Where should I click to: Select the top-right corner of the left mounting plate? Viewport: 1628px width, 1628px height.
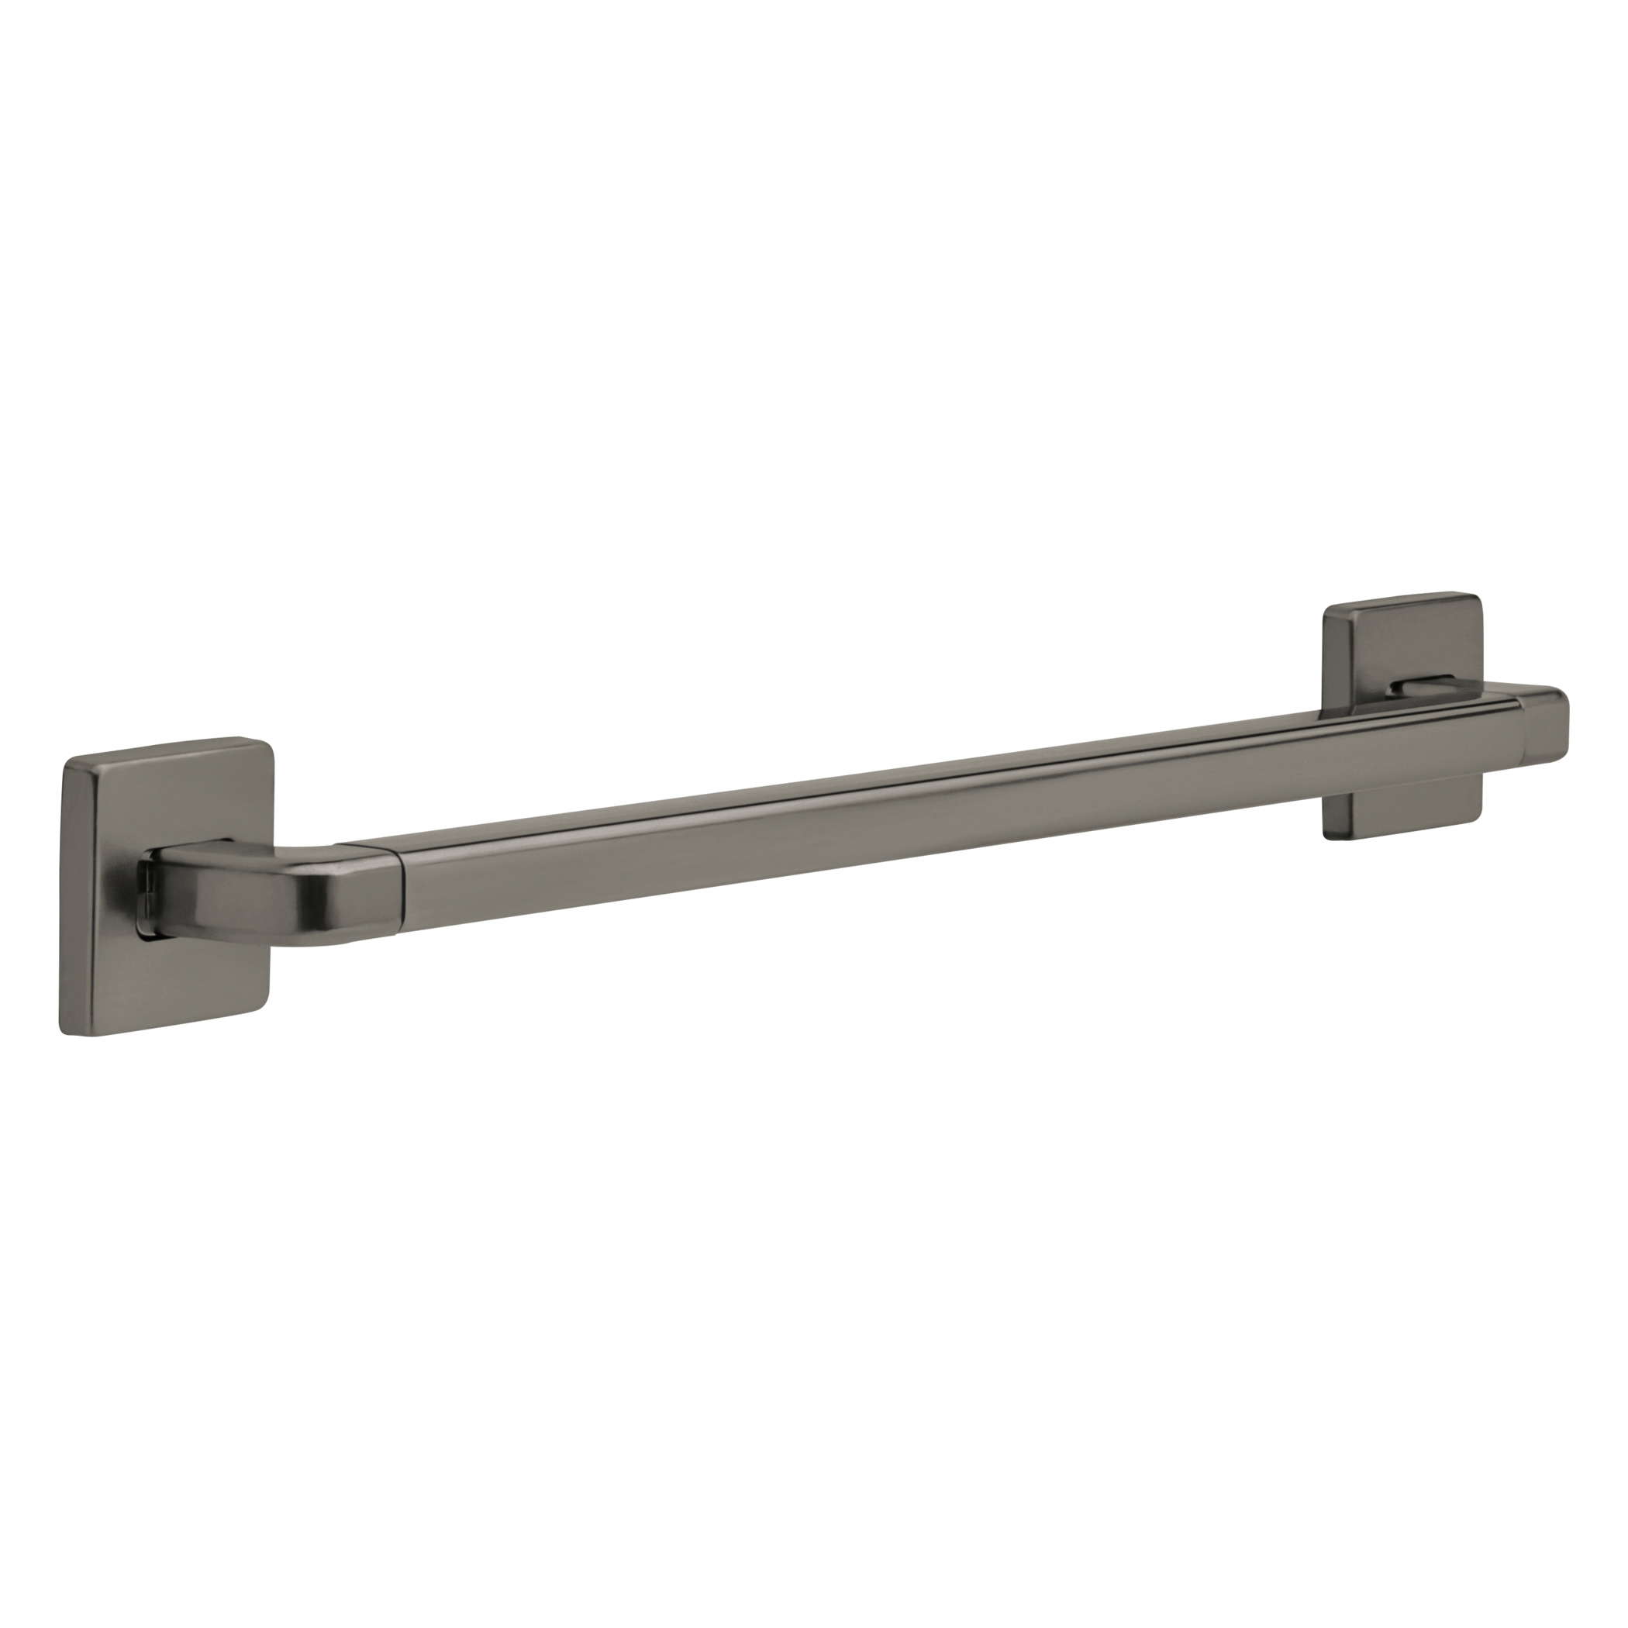tap(268, 745)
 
